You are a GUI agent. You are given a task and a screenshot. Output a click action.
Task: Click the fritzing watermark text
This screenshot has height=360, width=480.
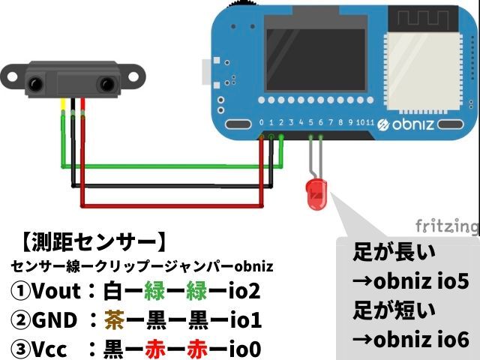(x=447, y=226)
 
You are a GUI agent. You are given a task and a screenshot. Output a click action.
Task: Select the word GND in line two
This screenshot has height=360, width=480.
(x=55, y=320)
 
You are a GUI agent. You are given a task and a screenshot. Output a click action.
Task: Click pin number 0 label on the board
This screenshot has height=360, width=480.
(x=260, y=122)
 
